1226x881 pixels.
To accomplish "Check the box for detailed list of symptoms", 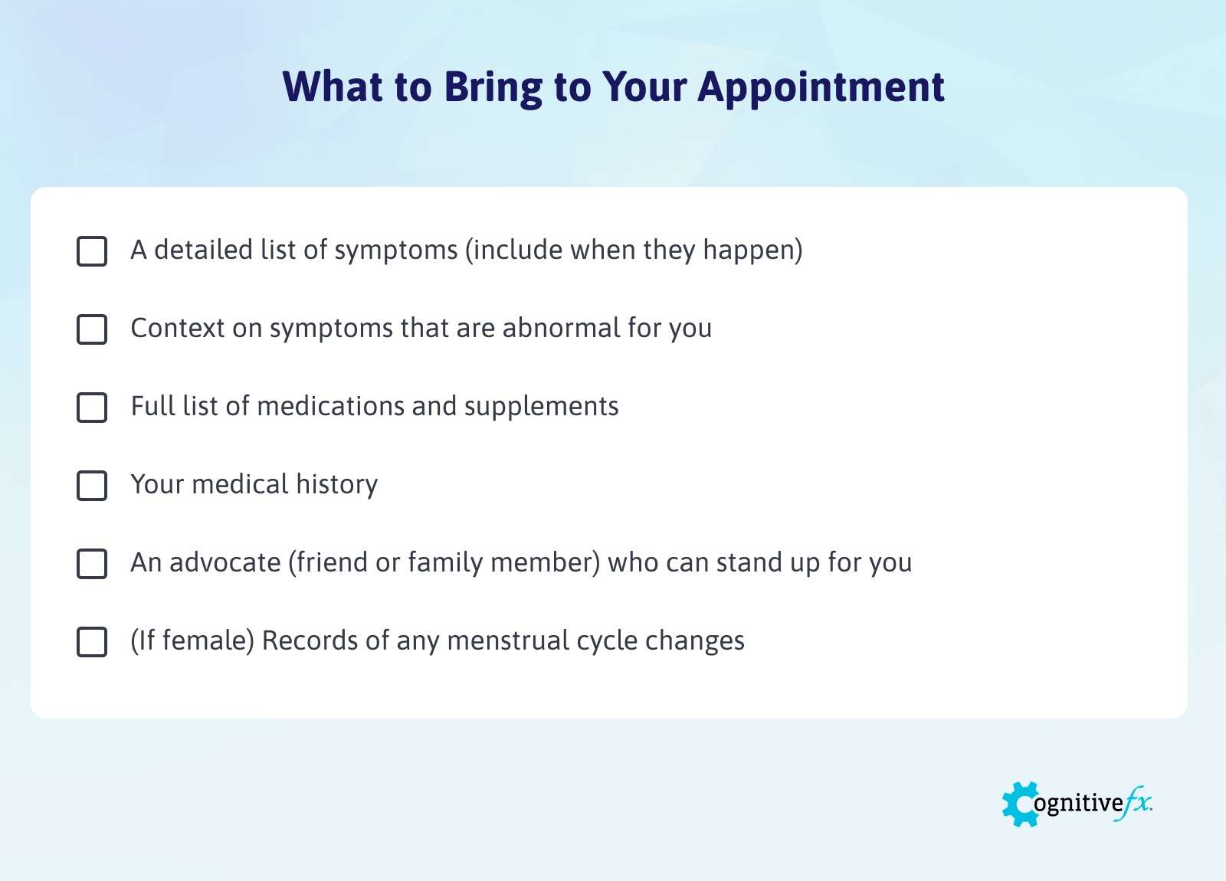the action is point(92,251).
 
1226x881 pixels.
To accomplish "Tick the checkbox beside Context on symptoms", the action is point(92,329).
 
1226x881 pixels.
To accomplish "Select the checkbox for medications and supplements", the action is point(92,408).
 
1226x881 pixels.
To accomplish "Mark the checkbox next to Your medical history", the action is point(92,486).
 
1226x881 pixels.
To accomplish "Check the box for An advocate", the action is point(92,564).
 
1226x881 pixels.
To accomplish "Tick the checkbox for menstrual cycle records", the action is point(92,642).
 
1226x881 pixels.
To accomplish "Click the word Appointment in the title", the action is point(821,87).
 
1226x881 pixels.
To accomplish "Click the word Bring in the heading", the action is point(493,87).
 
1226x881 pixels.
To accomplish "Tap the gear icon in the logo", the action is point(1020,804).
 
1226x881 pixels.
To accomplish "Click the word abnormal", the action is point(561,328).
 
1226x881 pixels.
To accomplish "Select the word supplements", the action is point(541,408).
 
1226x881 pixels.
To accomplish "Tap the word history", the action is point(336,485).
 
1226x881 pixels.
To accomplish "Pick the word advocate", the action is point(225,562).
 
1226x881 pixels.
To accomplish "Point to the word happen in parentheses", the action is point(749,251).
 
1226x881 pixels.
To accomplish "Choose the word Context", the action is point(178,328).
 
